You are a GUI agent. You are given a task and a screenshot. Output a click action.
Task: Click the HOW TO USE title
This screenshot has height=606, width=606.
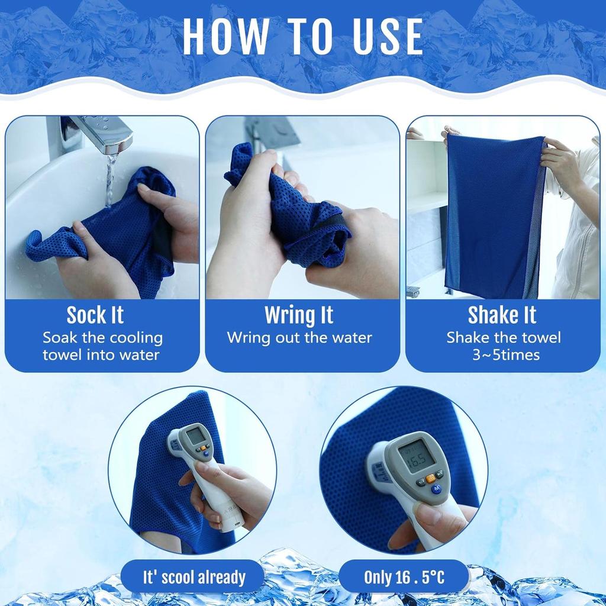click(x=302, y=37)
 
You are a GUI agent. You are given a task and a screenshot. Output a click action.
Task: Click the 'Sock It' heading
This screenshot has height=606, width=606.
click(x=95, y=315)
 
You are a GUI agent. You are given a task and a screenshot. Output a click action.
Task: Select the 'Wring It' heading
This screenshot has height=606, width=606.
click(x=299, y=315)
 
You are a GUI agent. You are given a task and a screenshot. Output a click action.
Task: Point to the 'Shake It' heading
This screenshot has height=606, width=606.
click(x=502, y=315)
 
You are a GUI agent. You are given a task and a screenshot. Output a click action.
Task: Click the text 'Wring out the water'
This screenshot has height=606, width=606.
click(x=299, y=338)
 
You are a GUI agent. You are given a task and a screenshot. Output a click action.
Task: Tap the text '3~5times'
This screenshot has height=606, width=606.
click(x=503, y=355)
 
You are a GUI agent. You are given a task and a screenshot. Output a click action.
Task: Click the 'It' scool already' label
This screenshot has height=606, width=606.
click(x=194, y=577)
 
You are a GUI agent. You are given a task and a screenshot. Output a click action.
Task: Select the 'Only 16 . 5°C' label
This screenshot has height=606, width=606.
click(x=404, y=577)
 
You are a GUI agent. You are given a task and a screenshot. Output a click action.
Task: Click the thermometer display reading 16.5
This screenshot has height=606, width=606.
click(x=417, y=456)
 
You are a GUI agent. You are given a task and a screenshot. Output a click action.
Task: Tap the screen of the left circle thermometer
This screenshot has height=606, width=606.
click(x=195, y=436)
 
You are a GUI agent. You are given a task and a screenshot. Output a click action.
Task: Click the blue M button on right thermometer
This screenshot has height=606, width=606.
click(x=437, y=489)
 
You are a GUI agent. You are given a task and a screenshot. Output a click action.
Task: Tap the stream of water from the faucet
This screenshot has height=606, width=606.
click(x=109, y=178)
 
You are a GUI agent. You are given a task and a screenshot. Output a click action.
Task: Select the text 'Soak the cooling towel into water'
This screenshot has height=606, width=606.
click(x=102, y=346)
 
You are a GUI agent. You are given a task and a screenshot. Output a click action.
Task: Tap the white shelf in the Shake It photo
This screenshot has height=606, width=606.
click(x=425, y=201)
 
